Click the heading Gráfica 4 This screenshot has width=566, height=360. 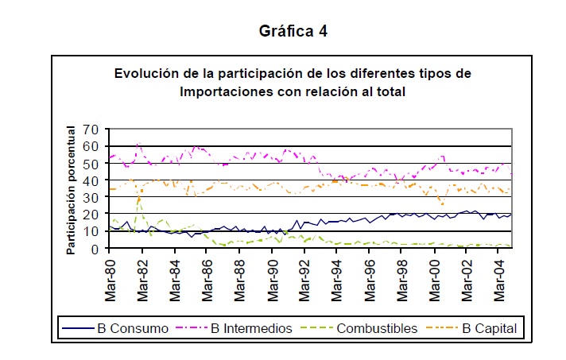[293, 32]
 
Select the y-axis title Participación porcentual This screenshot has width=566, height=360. [71, 190]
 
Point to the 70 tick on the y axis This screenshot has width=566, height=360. [93, 130]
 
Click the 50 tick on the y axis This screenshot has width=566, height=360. [93, 164]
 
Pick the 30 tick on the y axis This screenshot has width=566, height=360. [93, 198]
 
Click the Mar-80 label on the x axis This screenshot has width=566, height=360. [110, 279]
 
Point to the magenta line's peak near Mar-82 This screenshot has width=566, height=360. [139, 144]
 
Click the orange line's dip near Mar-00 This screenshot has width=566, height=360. [442, 204]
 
